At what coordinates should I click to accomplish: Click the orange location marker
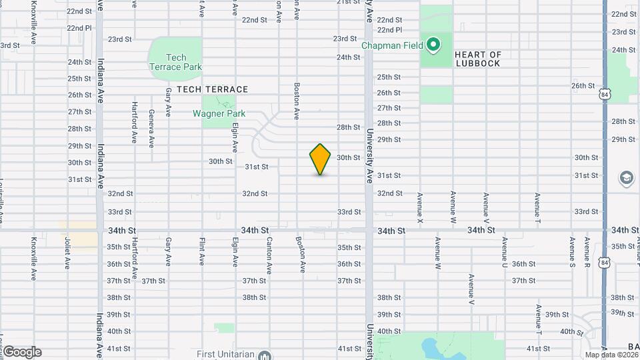[x=321, y=159]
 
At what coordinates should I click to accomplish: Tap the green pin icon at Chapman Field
[x=433, y=45]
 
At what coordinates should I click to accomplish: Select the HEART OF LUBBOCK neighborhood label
[x=477, y=59]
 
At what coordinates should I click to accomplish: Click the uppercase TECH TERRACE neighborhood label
[x=207, y=89]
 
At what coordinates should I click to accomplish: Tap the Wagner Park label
[x=219, y=113]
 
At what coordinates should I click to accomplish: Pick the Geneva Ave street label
[x=151, y=128]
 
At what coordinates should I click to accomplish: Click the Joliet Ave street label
[x=67, y=255]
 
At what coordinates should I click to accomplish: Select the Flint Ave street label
[x=202, y=251]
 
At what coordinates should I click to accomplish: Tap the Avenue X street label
[x=420, y=207]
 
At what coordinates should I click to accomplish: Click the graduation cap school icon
[x=626, y=177]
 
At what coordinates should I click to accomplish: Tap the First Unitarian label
[x=225, y=354]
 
